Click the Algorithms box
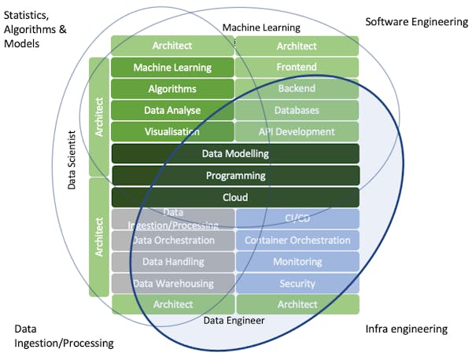pos(172,89)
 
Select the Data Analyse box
pos(172,110)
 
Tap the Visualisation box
pos(172,131)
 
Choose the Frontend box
pos(297,68)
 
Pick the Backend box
pos(297,89)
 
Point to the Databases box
pos(297,110)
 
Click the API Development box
pos(297,131)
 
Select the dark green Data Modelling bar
pos(235,153)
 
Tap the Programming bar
pos(235,175)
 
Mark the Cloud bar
pos(235,197)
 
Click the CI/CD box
pos(297,218)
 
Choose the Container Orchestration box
pos(297,240)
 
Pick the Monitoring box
pos(297,261)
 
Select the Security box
pos(297,283)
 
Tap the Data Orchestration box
pos(173,240)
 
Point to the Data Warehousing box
pos(173,283)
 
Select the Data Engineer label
pos(234,320)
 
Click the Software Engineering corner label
pos(416,21)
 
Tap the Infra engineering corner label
pos(407,329)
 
